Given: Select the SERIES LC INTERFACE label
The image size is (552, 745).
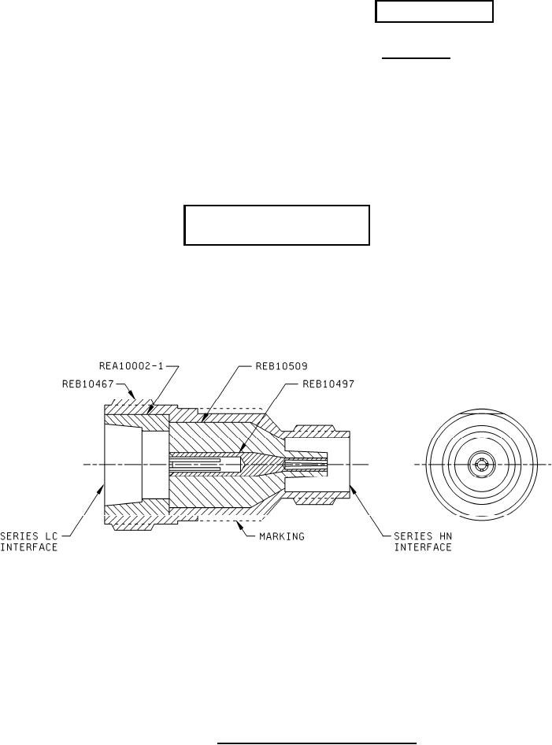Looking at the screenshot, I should point(28,542).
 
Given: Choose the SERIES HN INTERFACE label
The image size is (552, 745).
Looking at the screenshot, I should point(423,542).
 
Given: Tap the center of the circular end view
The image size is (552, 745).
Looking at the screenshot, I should point(480,465).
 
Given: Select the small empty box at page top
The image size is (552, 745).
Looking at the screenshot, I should point(434,13).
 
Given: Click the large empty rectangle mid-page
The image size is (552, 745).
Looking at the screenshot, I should point(276,225).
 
